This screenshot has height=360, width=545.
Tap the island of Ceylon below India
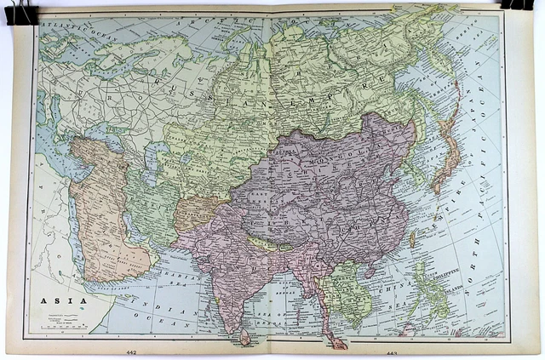coord(245,334)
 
